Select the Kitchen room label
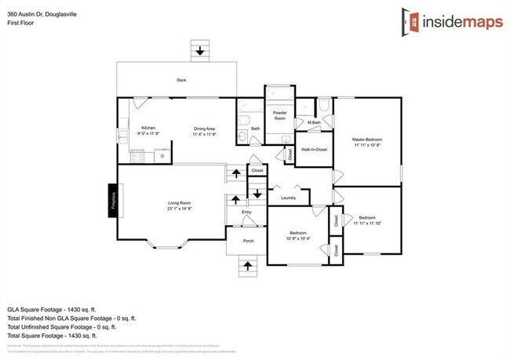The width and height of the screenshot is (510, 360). click(148, 128)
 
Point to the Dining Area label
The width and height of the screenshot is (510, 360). click(205, 128)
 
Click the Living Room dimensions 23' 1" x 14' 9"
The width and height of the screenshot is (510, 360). click(179, 209)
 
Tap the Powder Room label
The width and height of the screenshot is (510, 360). click(279, 115)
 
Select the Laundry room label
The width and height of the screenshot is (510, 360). click(287, 198)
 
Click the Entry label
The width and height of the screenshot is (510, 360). click(246, 212)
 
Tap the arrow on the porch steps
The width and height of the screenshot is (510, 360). click(247, 267)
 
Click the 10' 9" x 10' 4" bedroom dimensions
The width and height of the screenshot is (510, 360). click(297, 238)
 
